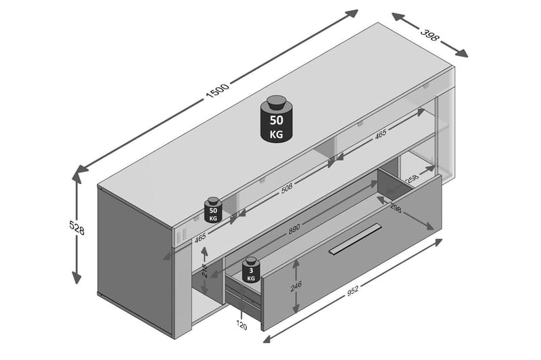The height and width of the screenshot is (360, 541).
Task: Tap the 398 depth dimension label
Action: [x=430, y=35]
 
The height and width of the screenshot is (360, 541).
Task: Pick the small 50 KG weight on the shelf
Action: [x=213, y=211]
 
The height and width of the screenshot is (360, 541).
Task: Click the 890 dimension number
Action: [x=294, y=229]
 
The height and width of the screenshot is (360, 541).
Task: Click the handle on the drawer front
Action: [x=355, y=238]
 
